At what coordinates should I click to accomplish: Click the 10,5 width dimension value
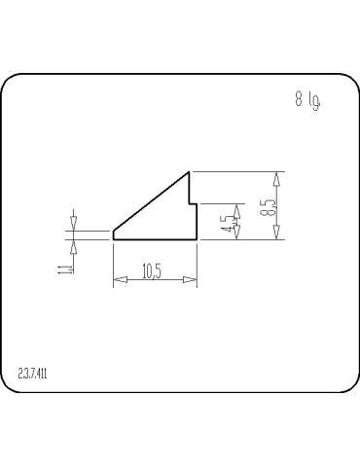[152, 271]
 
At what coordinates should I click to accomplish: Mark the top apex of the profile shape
[189, 172]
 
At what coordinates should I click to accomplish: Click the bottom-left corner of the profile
[114, 238]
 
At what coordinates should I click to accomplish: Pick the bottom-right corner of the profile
[198, 238]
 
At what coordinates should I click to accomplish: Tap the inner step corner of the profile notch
[189, 204]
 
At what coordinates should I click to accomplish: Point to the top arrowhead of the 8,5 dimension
[277, 178]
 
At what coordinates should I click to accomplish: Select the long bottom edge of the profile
[156, 238]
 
